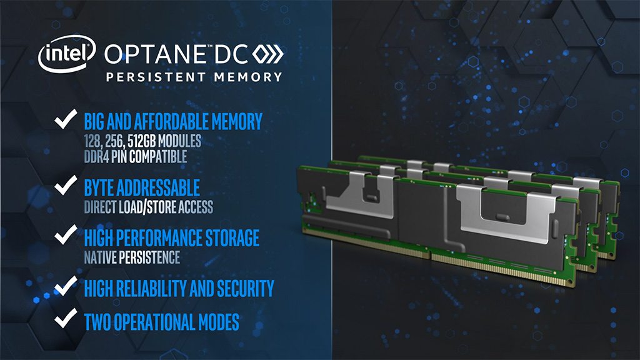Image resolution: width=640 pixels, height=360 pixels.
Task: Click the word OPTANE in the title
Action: [x=156, y=54]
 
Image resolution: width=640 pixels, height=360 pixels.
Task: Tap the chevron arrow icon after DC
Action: [x=267, y=54]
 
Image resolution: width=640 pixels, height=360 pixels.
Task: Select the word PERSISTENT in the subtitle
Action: [x=156, y=77]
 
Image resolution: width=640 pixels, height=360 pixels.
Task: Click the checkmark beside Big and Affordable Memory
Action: [x=66, y=119]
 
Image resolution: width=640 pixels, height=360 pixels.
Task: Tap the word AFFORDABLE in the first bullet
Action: [x=171, y=122]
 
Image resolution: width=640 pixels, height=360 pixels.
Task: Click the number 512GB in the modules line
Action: [x=141, y=141]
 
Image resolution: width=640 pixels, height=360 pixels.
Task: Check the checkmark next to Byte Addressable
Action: [x=66, y=185]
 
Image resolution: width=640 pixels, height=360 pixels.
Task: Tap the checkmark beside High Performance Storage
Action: [x=66, y=235]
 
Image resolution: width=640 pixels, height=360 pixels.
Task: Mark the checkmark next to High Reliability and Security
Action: [x=66, y=286]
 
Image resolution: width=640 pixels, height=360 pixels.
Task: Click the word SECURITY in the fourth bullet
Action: [x=245, y=289]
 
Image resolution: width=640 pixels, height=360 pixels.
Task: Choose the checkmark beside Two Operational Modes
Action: [x=66, y=318]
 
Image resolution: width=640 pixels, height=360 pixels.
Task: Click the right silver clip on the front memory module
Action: [x=506, y=212]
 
